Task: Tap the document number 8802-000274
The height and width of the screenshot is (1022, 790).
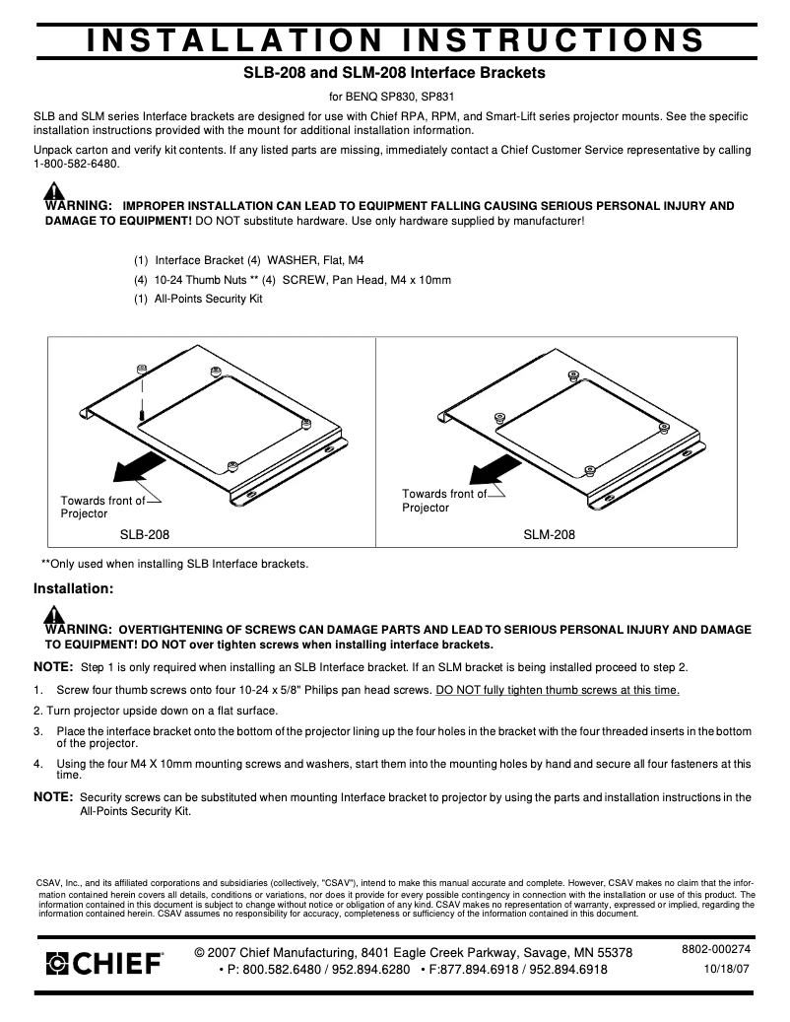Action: point(716,949)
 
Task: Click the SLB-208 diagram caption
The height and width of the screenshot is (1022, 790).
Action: point(144,535)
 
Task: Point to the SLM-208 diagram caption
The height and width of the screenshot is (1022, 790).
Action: point(549,535)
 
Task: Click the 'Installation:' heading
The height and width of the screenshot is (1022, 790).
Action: point(74,589)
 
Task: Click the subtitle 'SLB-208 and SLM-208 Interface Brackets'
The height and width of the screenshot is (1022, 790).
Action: point(394,73)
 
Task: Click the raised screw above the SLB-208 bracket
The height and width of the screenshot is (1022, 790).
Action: point(143,371)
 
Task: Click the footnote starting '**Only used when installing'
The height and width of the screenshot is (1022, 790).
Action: point(174,564)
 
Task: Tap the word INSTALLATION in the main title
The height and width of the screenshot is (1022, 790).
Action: point(232,38)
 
